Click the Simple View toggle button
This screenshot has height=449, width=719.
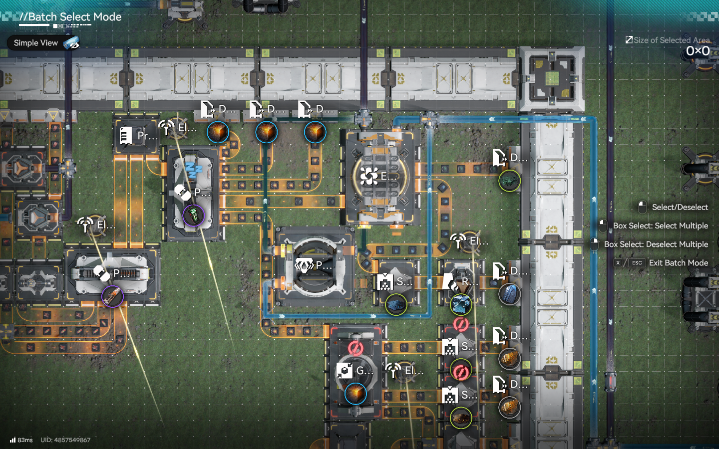(43, 43)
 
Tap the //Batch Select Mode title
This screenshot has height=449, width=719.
(70, 17)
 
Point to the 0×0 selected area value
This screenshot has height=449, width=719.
(698, 51)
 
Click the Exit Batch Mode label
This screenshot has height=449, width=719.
(678, 263)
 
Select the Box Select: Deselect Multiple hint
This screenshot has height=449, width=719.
(656, 244)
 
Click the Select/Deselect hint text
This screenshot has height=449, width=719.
(680, 208)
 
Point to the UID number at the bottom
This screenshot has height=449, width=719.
(65, 440)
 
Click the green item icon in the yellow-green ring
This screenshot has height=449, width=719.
(509, 181)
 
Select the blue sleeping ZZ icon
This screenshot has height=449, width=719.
(193, 170)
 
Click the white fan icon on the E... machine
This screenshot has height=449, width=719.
(369, 176)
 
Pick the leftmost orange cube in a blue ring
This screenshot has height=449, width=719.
(218, 133)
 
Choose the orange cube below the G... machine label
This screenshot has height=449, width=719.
(356, 393)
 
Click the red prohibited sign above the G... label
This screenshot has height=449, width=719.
(356, 348)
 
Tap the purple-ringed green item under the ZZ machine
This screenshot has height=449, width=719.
(193, 216)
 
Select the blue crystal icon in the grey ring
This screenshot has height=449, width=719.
(509, 294)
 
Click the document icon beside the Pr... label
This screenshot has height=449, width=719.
(126, 135)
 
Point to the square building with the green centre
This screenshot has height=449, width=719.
(552, 79)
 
